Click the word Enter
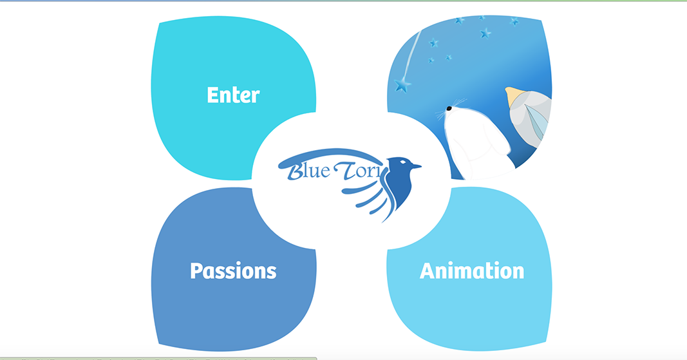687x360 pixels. pyautogui.click(x=233, y=95)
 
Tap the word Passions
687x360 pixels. pyautogui.click(x=233, y=270)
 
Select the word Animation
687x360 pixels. pyautogui.click(x=471, y=270)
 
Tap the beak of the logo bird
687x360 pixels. pyautogui.click(x=417, y=167)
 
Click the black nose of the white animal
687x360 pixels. pyautogui.click(x=449, y=108)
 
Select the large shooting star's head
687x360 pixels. pyautogui.click(x=402, y=85)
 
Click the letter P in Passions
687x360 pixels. pyautogui.click(x=196, y=270)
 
